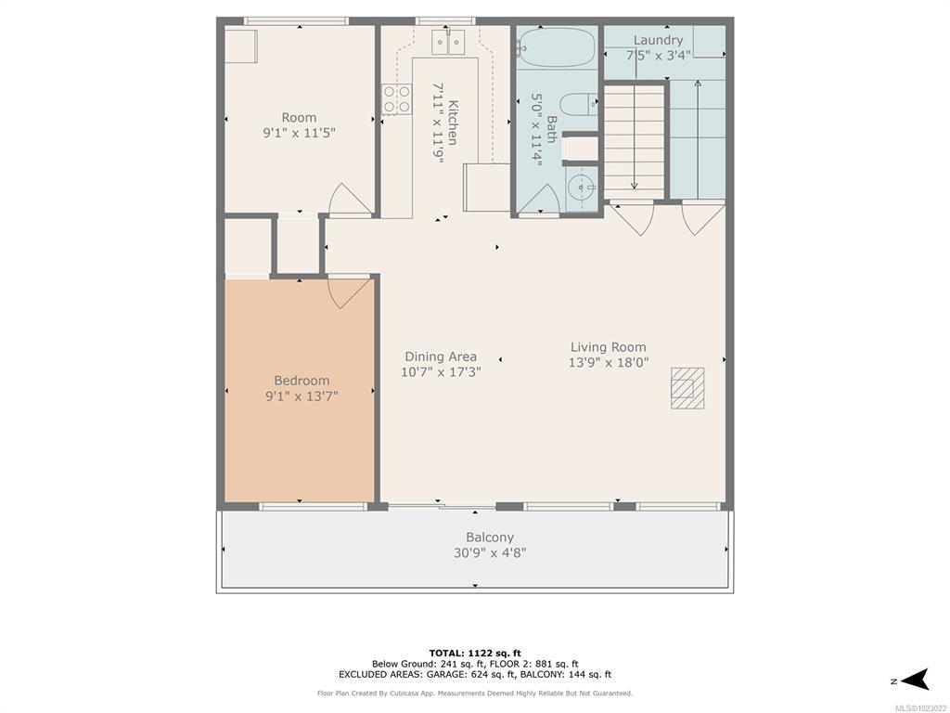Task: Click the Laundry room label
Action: click(x=658, y=40)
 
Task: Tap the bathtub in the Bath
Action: click(x=557, y=46)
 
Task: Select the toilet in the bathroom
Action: click(x=579, y=104)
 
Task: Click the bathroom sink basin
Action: click(x=582, y=188)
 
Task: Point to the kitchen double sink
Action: click(x=448, y=42)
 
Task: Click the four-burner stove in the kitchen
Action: click(x=396, y=99)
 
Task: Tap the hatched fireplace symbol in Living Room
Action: click(x=687, y=388)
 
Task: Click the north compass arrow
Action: click(x=915, y=680)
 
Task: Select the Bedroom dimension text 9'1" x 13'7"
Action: click(x=302, y=396)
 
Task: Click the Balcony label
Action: click(x=490, y=538)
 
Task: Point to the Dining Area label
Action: click(x=441, y=356)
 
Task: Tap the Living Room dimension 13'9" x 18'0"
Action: click(x=609, y=363)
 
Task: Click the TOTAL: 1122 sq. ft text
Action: click(x=475, y=653)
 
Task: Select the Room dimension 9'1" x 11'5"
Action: click(x=299, y=133)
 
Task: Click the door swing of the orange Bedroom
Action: click(x=350, y=292)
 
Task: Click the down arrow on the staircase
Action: click(x=634, y=137)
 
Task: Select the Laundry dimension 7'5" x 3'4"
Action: click(x=658, y=56)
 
